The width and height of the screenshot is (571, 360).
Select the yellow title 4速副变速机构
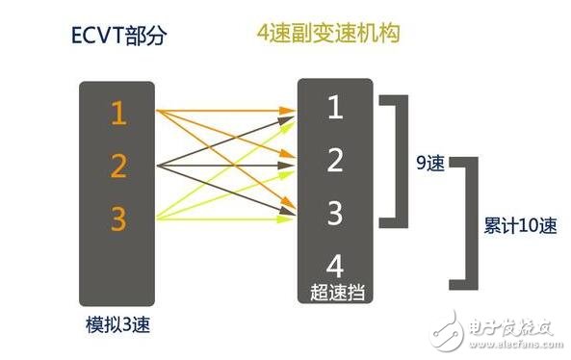click(x=327, y=33)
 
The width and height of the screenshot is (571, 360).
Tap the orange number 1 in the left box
click(x=118, y=114)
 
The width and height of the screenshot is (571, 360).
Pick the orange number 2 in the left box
click(x=118, y=167)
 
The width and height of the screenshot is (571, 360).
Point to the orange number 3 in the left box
click(x=118, y=219)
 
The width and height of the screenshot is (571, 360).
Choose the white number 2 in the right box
click(x=334, y=161)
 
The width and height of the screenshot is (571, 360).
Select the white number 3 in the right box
click(x=334, y=213)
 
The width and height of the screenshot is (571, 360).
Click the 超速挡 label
click(x=334, y=290)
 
